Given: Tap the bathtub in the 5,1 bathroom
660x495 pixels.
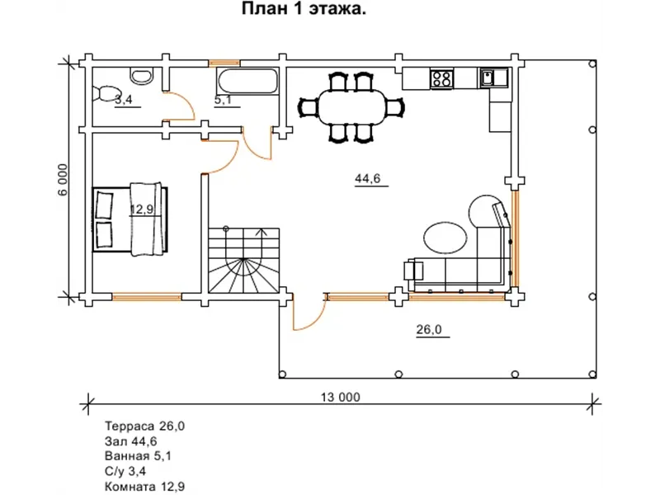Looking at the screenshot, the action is point(247,81).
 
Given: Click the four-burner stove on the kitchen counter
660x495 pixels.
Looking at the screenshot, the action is point(442,78).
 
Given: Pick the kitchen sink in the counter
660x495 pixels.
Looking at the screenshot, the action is point(494,78).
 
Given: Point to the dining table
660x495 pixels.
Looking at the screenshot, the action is point(351,106).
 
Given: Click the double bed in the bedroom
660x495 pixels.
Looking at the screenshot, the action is point(130,219).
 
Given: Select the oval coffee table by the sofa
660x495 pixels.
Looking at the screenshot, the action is point(445,238).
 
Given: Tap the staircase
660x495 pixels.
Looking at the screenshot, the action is point(244,260).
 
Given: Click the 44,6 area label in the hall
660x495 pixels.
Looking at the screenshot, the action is point(367,178).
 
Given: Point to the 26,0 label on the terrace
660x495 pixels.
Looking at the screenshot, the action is point(429,329).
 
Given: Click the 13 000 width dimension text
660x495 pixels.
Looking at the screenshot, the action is point(341,397).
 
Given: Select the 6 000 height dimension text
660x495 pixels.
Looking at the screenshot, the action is point(63,180).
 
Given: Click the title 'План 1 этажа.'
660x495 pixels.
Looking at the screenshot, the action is point(304,9).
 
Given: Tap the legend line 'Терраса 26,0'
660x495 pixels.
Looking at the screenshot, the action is point(144,426).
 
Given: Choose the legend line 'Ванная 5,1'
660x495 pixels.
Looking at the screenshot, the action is point(138,456).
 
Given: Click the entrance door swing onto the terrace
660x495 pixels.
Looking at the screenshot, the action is point(309,313).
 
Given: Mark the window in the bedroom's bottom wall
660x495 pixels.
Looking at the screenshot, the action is point(147,297).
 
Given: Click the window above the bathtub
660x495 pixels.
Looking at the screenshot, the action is point(224,64).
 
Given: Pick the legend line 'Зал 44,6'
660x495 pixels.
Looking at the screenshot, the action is point(130,441).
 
